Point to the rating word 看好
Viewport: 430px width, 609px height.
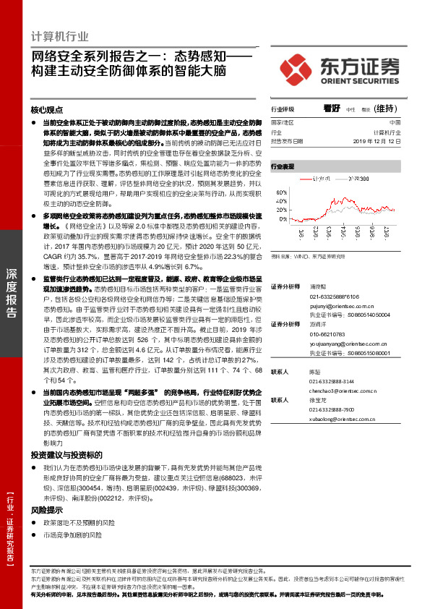point(332,109)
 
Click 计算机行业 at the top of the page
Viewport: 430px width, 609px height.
point(61,36)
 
